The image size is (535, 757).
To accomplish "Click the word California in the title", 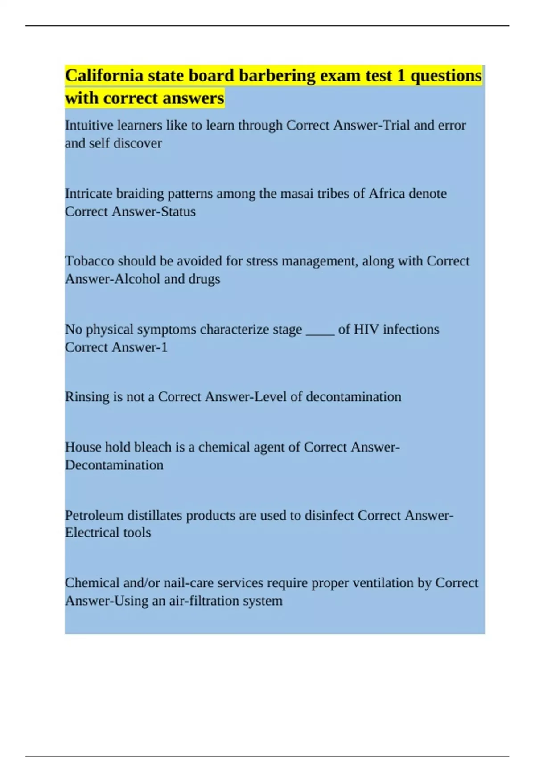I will pos(104,76).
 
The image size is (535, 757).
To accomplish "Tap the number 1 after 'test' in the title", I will pos(401,76).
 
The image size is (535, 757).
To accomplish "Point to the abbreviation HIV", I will pos(366,330).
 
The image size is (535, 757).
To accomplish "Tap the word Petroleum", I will pos(94,515).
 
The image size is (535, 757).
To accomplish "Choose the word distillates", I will pos(155,515).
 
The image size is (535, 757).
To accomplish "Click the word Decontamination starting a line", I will pos(114,465).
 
